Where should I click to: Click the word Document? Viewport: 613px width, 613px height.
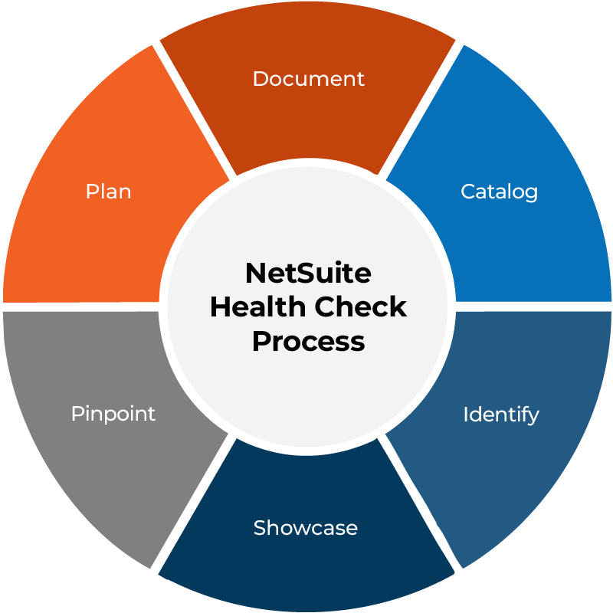(309, 79)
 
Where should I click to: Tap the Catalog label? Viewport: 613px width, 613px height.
(500, 192)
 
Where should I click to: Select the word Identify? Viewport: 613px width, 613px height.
(501, 415)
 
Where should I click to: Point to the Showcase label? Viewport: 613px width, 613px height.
(305, 528)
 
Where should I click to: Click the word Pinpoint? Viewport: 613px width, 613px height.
(113, 414)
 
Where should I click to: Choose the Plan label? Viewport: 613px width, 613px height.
(108, 192)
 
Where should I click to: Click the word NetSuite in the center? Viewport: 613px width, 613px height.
(308, 273)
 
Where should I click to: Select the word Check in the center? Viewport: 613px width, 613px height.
(360, 307)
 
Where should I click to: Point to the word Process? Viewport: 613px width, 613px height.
(309, 341)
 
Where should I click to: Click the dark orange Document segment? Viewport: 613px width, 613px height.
(308, 117)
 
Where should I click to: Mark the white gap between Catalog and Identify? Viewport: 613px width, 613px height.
(533, 307)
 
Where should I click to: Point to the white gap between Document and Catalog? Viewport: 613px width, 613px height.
(421, 110)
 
